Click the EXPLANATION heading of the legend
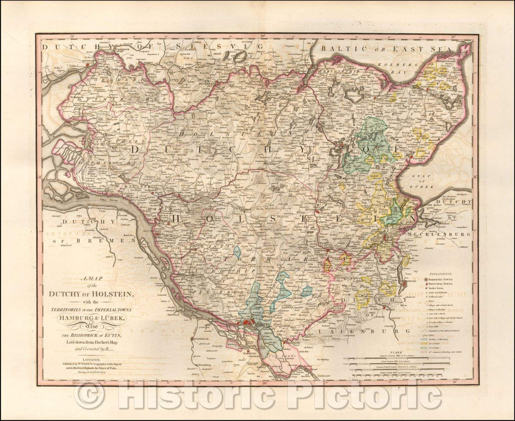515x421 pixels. pos(442,274)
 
